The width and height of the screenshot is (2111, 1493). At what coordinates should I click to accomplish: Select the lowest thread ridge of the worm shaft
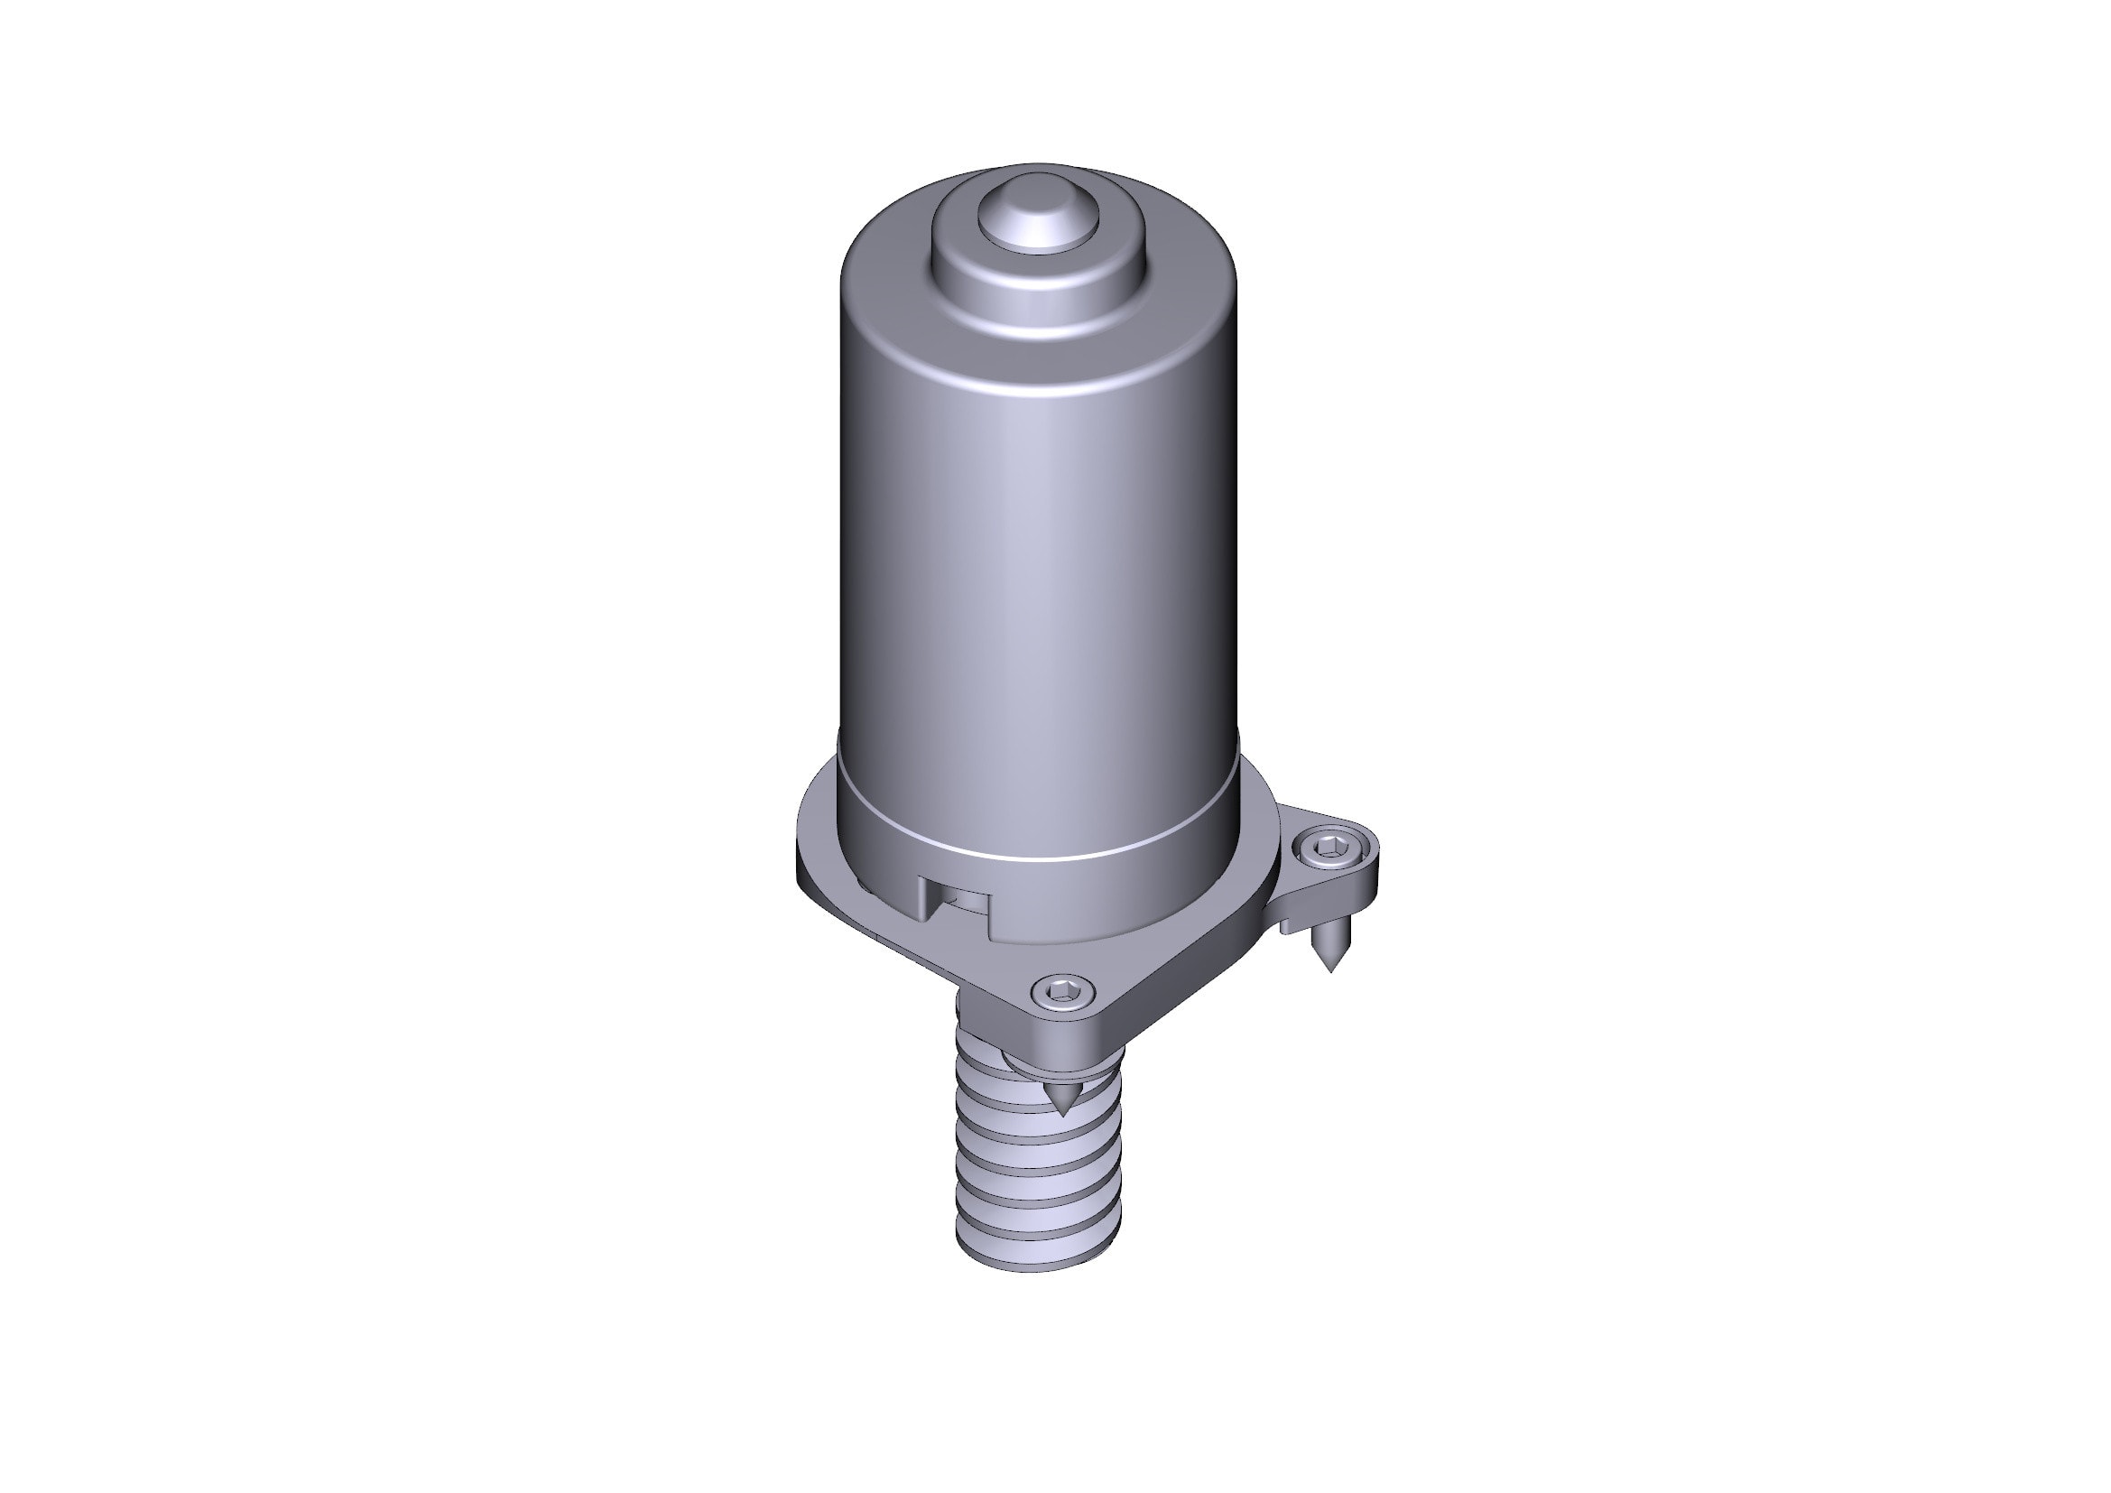tap(1039, 1232)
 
